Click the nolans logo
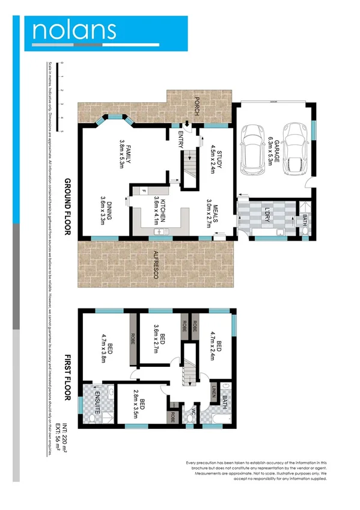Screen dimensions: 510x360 tap(75, 31)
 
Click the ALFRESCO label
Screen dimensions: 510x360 tap(155, 263)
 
